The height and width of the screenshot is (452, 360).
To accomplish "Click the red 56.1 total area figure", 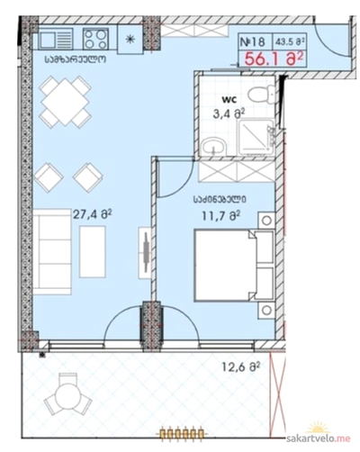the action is [x=272, y=59].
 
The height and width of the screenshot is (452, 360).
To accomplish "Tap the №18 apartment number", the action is [x=253, y=41].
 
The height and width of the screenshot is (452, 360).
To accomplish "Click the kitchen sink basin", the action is [x=48, y=40].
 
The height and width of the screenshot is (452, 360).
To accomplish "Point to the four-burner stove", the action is [x=95, y=39].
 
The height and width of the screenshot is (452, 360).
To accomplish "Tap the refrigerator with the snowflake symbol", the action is [x=130, y=39].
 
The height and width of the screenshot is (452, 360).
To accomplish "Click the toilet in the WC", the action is [x=261, y=94].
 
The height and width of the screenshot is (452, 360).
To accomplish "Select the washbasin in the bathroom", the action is [x=213, y=147].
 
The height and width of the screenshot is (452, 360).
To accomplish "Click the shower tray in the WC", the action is [x=256, y=138].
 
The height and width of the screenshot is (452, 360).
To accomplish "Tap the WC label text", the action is [x=228, y=98].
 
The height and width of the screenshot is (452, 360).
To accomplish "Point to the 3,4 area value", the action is [x=229, y=113].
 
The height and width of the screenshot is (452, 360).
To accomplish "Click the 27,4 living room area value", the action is [x=93, y=214].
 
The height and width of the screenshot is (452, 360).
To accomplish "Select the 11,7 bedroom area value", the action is [x=220, y=215].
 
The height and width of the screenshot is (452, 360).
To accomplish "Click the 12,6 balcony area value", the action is [x=240, y=366].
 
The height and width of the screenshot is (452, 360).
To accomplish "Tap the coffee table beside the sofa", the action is [x=93, y=252].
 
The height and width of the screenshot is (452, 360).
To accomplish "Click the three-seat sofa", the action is [x=52, y=252].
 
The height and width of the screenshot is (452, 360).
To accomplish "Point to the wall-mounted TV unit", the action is [x=145, y=252].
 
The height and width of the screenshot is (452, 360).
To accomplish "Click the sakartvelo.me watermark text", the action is [x=319, y=438].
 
